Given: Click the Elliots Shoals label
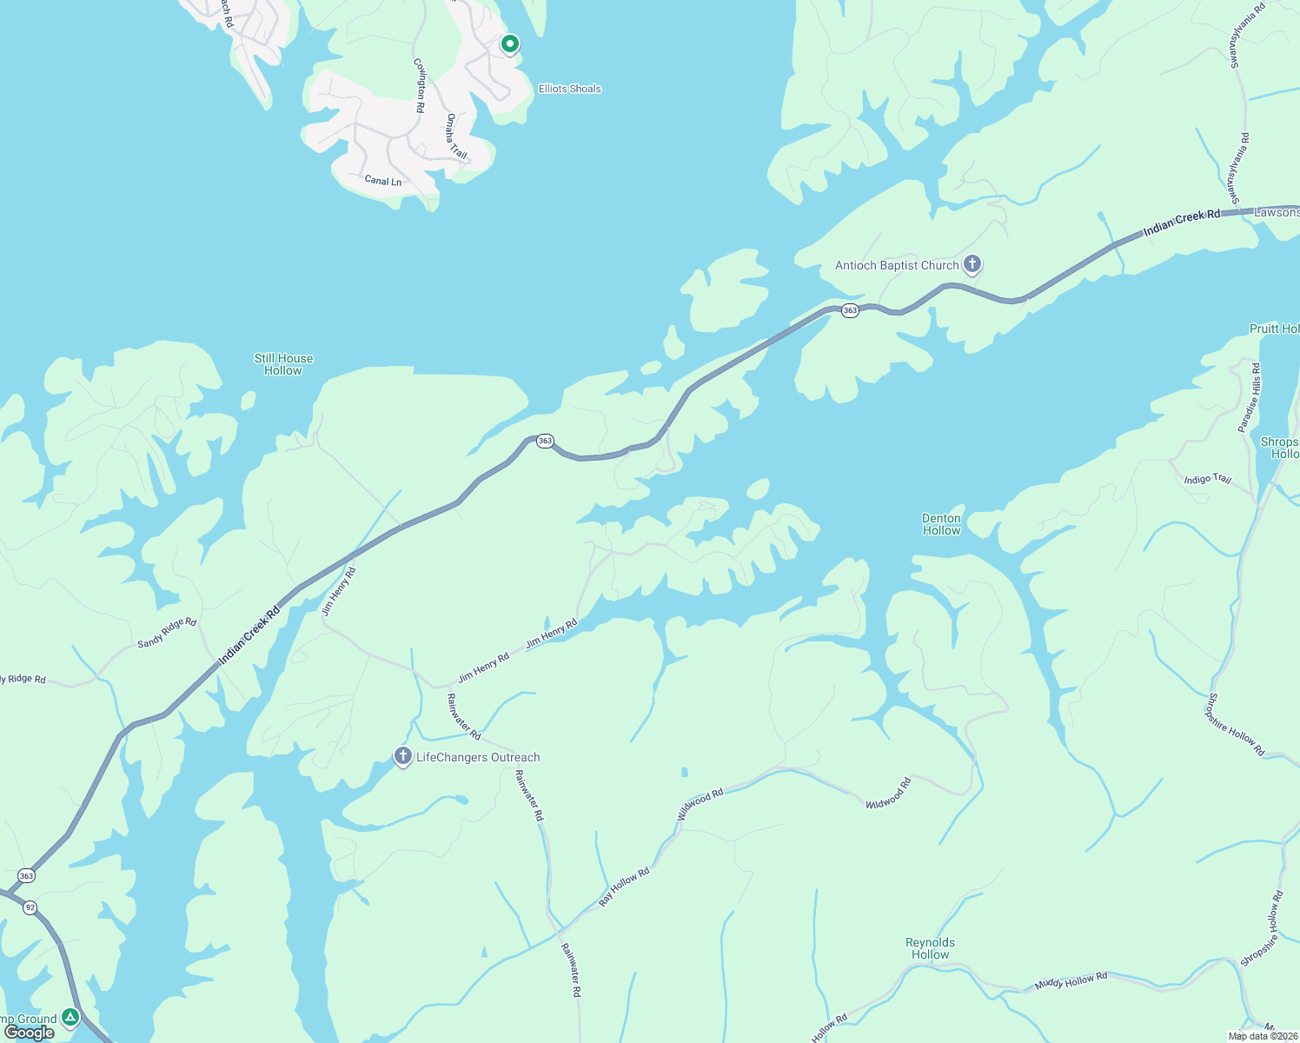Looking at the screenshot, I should click(x=569, y=89).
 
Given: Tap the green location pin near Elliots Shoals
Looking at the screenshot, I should click(x=510, y=43).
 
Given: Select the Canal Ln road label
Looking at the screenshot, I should click(x=383, y=181).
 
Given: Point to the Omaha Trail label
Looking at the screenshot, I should click(x=457, y=136).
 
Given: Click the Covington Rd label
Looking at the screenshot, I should click(x=420, y=85).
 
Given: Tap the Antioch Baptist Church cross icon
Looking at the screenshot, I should click(x=972, y=264).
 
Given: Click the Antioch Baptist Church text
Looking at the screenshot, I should click(x=897, y=266).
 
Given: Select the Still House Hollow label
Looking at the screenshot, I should click(x=283, y=364).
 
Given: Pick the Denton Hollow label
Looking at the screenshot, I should click(x=941, y=524).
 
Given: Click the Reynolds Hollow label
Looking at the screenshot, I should click(x=930, y=948).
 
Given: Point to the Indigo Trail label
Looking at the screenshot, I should click(x=1208, y=479).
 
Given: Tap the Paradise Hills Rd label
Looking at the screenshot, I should click(x=1250, y=398).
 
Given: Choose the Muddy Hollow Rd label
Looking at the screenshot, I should click(x=1071, y=982).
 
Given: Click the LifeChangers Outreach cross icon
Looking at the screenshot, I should click(x=402, y=756).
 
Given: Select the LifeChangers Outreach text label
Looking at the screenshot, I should click(x=478, y=758).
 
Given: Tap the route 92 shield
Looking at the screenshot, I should click(x=30, y=907).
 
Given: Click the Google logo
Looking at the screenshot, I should click(x=29, y=1033).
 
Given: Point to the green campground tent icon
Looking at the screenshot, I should click(x=70, y=1017).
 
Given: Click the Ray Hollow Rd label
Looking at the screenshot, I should click(x=624, y=887).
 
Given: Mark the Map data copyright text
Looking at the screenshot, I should click(x=1262, y=1035).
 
